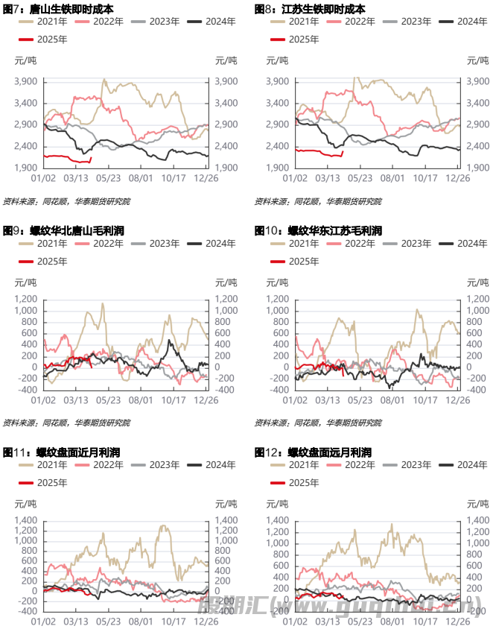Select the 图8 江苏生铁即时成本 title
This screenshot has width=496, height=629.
(x=310, y=9)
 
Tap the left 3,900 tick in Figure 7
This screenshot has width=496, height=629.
(x=27, y=81)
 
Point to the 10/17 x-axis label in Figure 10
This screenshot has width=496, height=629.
(x=425, y=399)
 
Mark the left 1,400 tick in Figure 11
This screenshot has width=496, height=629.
(x=27, y=520)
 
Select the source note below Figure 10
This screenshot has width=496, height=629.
(x=318, y=423)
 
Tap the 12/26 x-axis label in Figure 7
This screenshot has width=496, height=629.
(x=206, y=179)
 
